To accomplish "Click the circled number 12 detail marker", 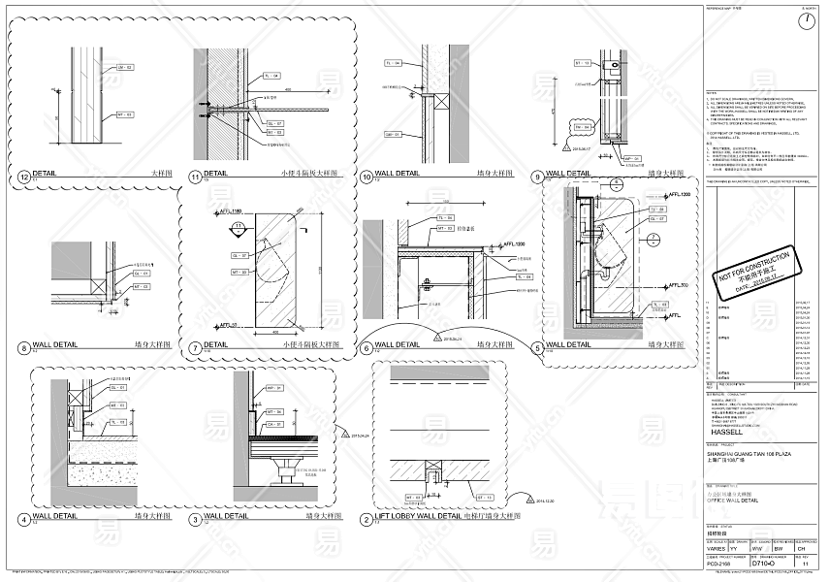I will (x=24, y=177).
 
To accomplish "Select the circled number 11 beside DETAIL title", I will (x=194, y=177).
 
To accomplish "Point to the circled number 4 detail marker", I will (x=24, y=518).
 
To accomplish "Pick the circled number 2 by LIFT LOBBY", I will (x=366, y=518).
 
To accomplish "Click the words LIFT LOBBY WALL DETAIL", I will (x=418, y=517).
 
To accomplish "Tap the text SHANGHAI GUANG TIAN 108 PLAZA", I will (x=743, y=455).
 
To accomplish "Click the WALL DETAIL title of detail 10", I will (x=398, y=176).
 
